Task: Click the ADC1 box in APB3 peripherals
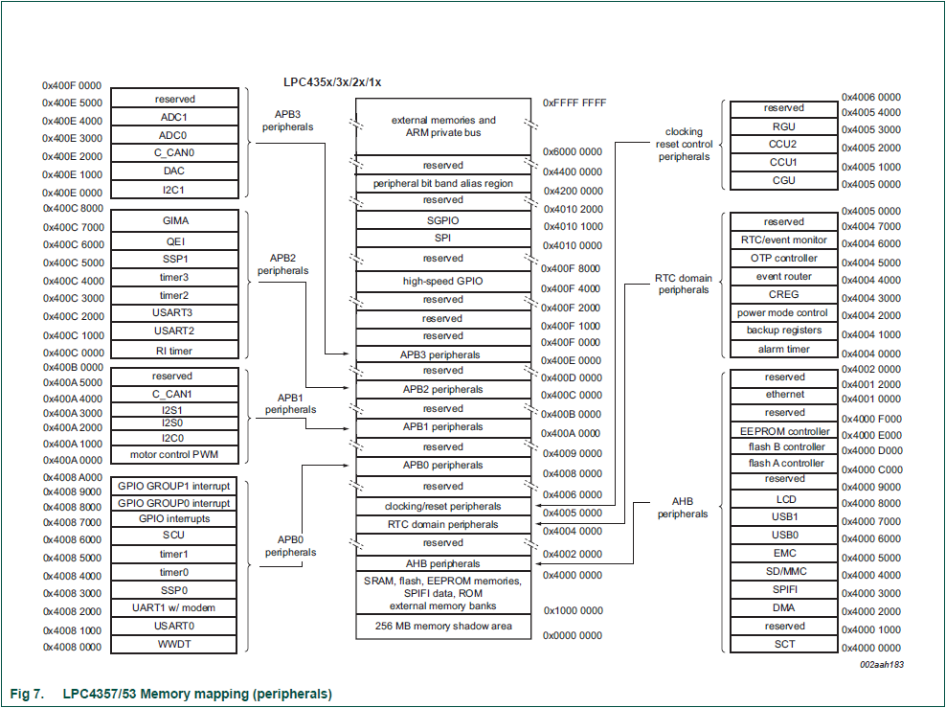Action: point(174,117)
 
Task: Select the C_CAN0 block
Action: point(174,153)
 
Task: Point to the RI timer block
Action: point(175,350)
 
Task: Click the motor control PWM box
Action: point(174,455)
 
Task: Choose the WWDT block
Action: point(174,644)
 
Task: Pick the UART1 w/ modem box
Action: point(174,607)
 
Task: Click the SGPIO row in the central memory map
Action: point(442,220)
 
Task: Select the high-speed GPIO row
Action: point(442,282)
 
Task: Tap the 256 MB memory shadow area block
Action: point(442,627)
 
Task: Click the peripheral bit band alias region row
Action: point(442,183)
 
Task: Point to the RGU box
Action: point(784,126)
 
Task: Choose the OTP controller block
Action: point(784,259)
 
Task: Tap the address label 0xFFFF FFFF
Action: point(574,103)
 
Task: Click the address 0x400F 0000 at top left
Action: point(72,86)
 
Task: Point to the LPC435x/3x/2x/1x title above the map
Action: point(332,82)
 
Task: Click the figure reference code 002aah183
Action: point(882,664)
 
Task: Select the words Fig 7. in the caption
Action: point(28,694)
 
